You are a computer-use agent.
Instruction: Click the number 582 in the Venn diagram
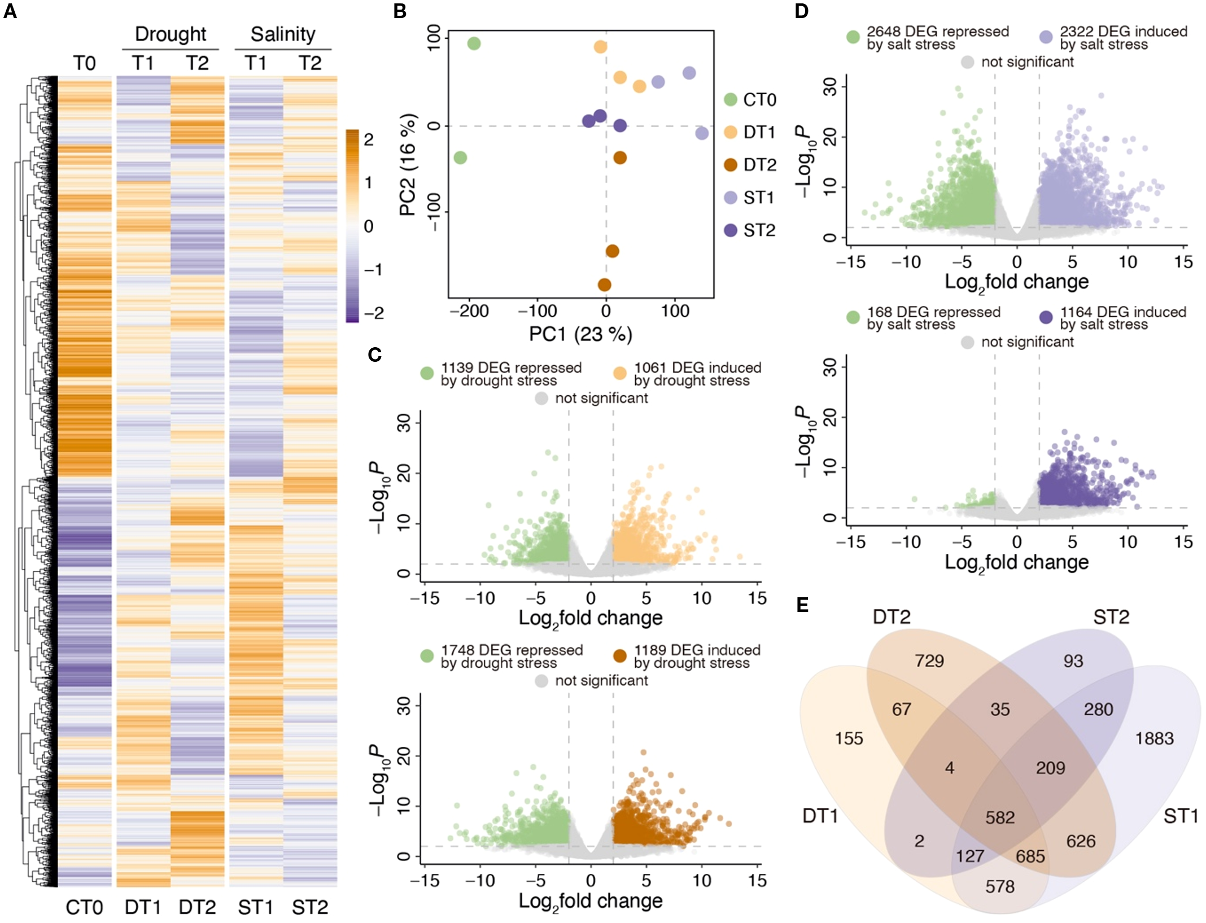point(1000,817)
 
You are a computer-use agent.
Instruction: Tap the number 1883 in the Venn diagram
point(1154,738)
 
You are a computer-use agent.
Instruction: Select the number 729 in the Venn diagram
point(929,660)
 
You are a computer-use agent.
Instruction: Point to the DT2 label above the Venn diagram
point(892,617)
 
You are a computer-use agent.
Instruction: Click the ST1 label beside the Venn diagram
point(1181,816)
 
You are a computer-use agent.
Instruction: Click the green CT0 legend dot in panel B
point(731,100)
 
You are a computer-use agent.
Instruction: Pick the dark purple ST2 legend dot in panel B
point(731,230)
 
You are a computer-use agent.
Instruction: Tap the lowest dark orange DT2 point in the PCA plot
point(604,285)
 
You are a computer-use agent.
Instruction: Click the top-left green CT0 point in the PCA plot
point(474,43)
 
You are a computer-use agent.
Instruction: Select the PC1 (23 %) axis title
point(580,334)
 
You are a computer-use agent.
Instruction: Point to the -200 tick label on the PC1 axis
point(469,311)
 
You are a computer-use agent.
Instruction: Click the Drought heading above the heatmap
point(171,34)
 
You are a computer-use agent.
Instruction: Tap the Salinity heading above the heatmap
point(283,34)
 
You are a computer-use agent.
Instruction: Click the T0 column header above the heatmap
point(84,63)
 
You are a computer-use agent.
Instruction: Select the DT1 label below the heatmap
point(143,907)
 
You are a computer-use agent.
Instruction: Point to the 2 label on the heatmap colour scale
point(369,139)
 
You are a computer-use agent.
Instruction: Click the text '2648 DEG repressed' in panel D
point(938,32)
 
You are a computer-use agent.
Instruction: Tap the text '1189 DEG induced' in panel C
point(697,650)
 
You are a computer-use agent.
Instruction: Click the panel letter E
point(802,606)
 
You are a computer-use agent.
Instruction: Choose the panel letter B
point(400,11)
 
